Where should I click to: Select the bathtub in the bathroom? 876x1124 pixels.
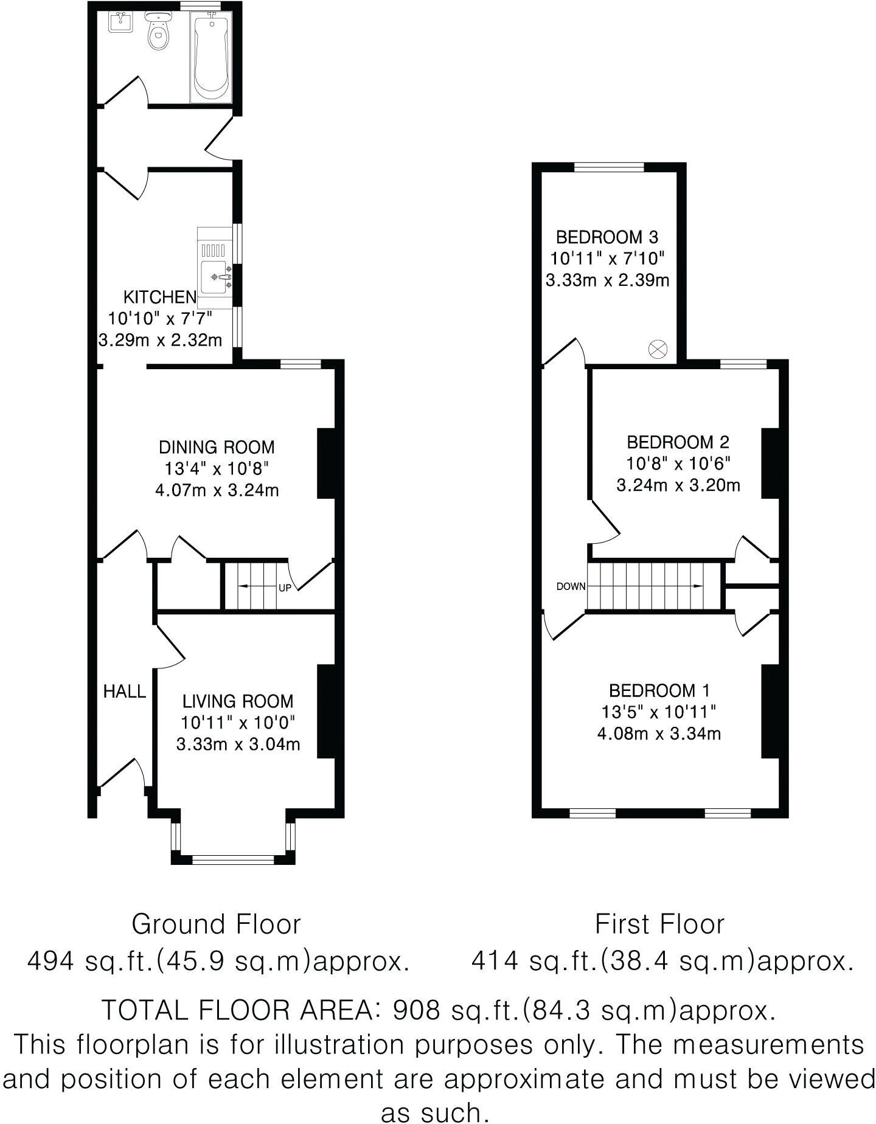[210, 58]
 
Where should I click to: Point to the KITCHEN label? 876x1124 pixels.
[160, 297]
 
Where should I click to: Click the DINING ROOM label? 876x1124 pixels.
[217, 447]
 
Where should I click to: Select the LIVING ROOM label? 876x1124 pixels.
[238, 701]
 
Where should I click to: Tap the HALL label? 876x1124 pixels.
[125, 691]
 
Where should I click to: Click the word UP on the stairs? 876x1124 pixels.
[285, 588]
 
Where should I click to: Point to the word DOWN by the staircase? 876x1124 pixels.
[571, 587]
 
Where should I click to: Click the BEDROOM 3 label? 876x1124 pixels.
[608, 237]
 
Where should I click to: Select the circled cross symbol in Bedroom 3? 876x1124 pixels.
[659, 349]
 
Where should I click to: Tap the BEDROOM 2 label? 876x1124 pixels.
[678, 442]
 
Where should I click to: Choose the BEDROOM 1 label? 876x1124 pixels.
[659, 690]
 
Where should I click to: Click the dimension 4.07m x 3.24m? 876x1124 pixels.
[217, 490]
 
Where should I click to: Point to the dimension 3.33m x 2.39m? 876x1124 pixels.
[608, 280]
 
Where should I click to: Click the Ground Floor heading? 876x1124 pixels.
[217, 925]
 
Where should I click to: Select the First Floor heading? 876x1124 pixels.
[660, 925]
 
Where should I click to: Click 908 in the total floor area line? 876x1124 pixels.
[417, 1010]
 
